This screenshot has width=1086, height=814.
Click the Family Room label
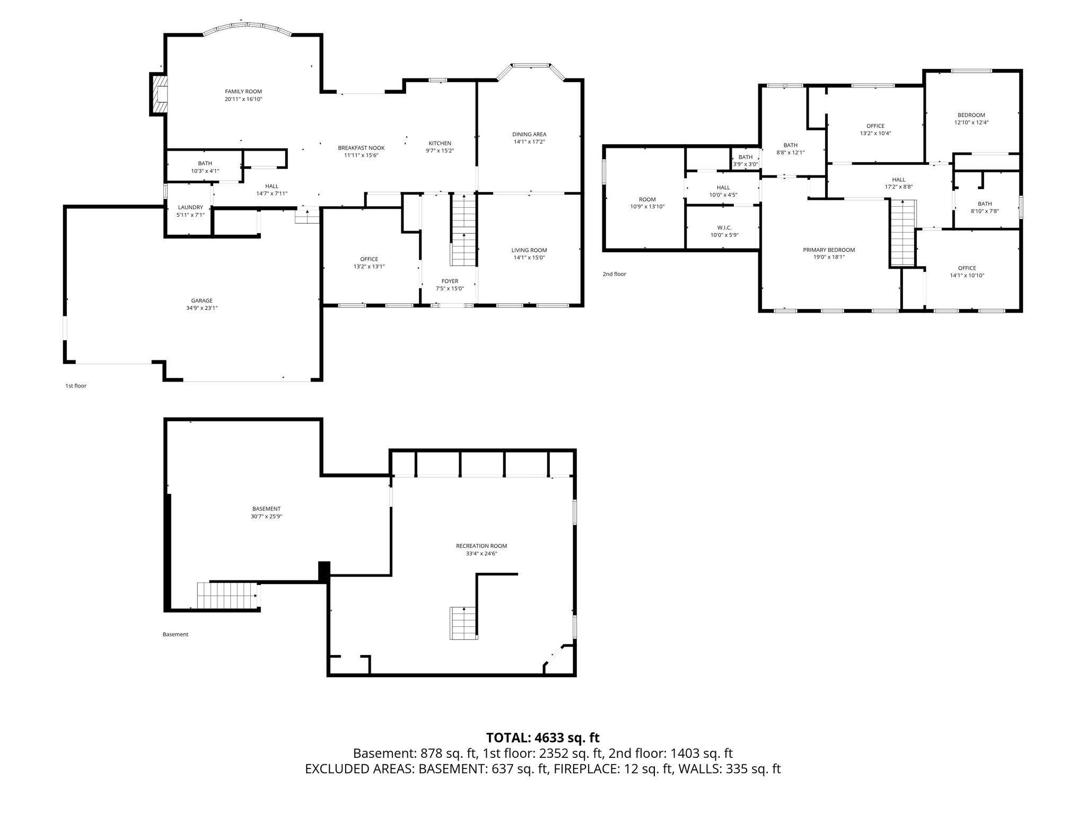pyautogui.click(x=243, y=92)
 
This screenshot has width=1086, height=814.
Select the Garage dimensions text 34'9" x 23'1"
pyautogui.click(x=202, y=308)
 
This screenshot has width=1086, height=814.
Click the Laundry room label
pyautogui.click(x=190, y=207)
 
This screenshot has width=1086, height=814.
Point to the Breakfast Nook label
pyautogui.click(x=361, y=148)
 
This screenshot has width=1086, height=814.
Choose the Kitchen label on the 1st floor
pyautogui.click(x=440, y=143)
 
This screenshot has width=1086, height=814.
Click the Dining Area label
pyautogui.click(x=529, y=135)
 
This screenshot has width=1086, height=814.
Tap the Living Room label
pyautogui.click(x=529, y=250)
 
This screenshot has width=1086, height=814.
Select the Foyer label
pyautogui.click(x=450, y=281)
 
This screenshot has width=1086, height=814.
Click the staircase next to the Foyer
pyautogui.click(x=464, y=231)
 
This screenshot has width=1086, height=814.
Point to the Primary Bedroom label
pyautogui.click(x=829, y=250)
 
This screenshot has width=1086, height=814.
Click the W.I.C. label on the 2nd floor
pyautogui.click(x=724, y=228)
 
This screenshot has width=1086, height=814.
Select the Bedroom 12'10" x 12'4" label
pyautogui.click(x=971, y=115)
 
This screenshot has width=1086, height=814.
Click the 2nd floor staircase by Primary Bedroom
pyautogui.click(x=903, y=233)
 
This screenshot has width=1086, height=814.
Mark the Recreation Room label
pyautogui.click(x=481, y=546)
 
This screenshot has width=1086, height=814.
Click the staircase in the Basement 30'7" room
pyautogui.click(x=226, y=596)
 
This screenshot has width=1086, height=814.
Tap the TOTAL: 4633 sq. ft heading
pyautogui.click(x=542, y=738)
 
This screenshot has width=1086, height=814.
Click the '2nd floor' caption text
pyautogui.click(x=614, y=274)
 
